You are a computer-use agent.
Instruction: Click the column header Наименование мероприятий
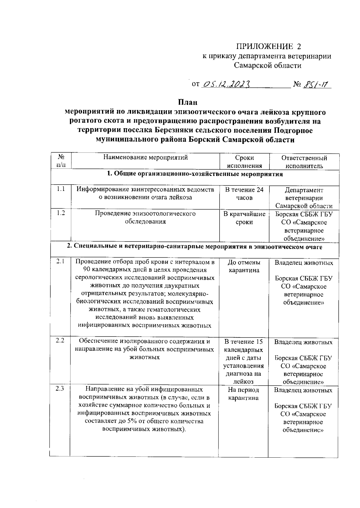[x=145, y=157]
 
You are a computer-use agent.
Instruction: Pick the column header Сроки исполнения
[x=244, y=162]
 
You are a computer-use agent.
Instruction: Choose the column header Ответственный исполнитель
[x=304, y=162]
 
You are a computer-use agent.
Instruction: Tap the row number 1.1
[x=61, y=189]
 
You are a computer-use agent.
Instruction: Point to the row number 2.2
[x=60, y=341]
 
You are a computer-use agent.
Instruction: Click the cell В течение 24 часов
[x=244, y=194]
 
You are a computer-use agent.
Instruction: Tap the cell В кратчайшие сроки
[x=244, y=218]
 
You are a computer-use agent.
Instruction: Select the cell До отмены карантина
[x=244, y=266]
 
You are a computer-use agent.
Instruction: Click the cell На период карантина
[x=243, y=394]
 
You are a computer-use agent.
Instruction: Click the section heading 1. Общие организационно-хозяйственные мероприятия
[x=195, y=174]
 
